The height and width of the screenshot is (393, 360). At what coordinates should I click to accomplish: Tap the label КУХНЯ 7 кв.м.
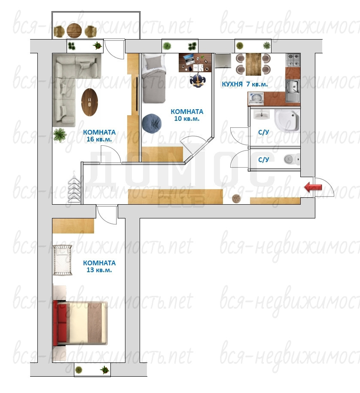pos(244,84)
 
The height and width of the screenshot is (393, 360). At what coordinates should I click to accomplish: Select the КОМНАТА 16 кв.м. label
pos(99,135)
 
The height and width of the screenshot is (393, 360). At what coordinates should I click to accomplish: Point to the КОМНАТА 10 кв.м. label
pos(187,115)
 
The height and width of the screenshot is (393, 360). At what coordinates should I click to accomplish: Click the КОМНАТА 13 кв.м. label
pos(99,267)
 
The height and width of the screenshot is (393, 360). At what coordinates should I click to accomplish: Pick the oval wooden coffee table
pos(89,102)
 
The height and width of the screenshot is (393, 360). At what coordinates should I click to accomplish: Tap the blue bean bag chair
pos(152,123)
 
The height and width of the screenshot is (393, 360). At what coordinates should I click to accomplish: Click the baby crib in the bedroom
pos(63,260)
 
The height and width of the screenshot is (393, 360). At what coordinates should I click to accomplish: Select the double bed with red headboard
pos(80,323)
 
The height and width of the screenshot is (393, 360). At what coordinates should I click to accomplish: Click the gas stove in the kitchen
pos(293,60)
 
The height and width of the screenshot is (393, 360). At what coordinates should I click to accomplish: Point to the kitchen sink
pos(293,90)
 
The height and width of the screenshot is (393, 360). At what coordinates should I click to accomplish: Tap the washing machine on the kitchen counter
pos(256,99)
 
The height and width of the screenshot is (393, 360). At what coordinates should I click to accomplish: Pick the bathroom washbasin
pos(262,115)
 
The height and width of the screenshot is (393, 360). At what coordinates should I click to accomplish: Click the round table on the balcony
pos(74,31)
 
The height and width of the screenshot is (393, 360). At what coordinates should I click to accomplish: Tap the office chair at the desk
pos(198,80)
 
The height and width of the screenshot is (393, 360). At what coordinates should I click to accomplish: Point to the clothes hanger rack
pos(74,187)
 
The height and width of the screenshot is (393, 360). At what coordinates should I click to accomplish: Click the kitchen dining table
pos(253,64)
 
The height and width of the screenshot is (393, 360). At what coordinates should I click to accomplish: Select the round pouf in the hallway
pos(236,199)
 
